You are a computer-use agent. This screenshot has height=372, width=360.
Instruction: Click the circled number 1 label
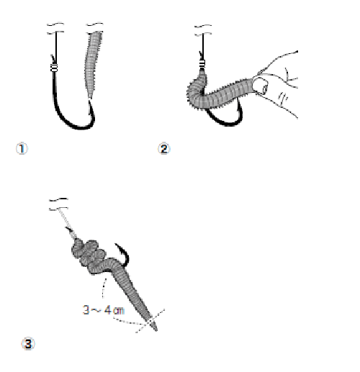(22, 149)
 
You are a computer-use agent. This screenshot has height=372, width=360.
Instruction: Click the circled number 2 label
(164, 149)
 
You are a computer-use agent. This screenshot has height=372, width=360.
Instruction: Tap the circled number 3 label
(28, 344)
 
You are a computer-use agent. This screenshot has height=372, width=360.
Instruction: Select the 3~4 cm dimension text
(104, 310)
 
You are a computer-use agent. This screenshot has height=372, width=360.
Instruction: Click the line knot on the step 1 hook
(54, 68)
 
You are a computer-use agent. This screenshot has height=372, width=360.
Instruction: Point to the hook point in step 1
(90, 102)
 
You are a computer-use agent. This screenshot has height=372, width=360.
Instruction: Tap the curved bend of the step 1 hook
(74, 124)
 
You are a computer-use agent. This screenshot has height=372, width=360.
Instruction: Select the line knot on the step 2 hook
(202, 64)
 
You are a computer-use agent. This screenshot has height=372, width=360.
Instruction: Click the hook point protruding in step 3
(117, 245)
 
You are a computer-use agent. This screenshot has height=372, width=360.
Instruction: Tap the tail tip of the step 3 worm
(156, 329)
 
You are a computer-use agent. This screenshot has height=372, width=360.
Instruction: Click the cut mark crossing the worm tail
(150, 321)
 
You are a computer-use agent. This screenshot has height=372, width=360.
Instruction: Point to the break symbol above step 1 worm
(95, 28)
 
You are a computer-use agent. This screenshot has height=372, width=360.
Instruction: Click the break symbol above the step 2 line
(203, 30)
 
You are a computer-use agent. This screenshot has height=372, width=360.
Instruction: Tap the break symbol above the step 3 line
(58, 204)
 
